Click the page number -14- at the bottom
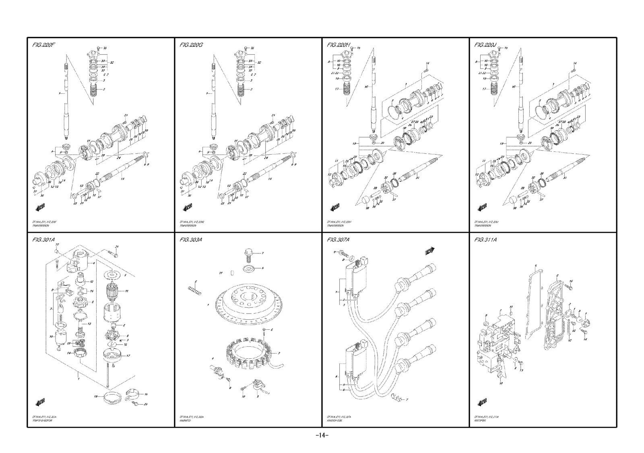(x=322, y=435)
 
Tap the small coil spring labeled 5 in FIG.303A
(x=195, y=288)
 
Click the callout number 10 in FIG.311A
(x=501, y=384)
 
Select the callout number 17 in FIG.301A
(x=128, y=356)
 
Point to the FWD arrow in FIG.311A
(x=482, y=402)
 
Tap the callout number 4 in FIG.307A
(x=336, y=377)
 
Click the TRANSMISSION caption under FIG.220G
(x=189, y=226)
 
